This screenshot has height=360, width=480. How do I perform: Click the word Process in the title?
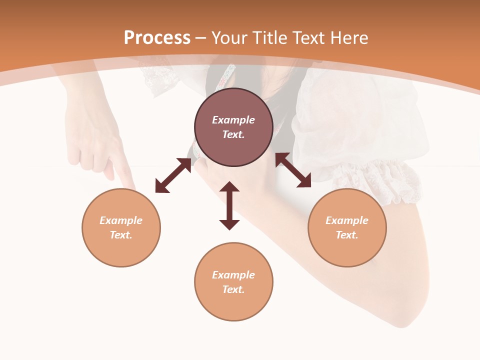pyautogui.click(x=157, y=38)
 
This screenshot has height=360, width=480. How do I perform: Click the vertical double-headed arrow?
pyautogui.click(x=229, y=205)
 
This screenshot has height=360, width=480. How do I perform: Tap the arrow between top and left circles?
pyautogui.click(x=173, y=175)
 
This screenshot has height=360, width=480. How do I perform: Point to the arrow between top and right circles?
pyautogui.click(x=293, y=170)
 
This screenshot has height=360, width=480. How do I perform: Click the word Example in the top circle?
pyautogui.click(x=233, y=120)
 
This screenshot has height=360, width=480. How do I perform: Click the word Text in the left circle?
pyautogui.click(x=120, y=235)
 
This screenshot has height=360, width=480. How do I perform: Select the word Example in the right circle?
pyautogui.click(x=347, y=220)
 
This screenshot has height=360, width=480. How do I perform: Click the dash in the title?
pyautogui.click(x=200, y=38)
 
